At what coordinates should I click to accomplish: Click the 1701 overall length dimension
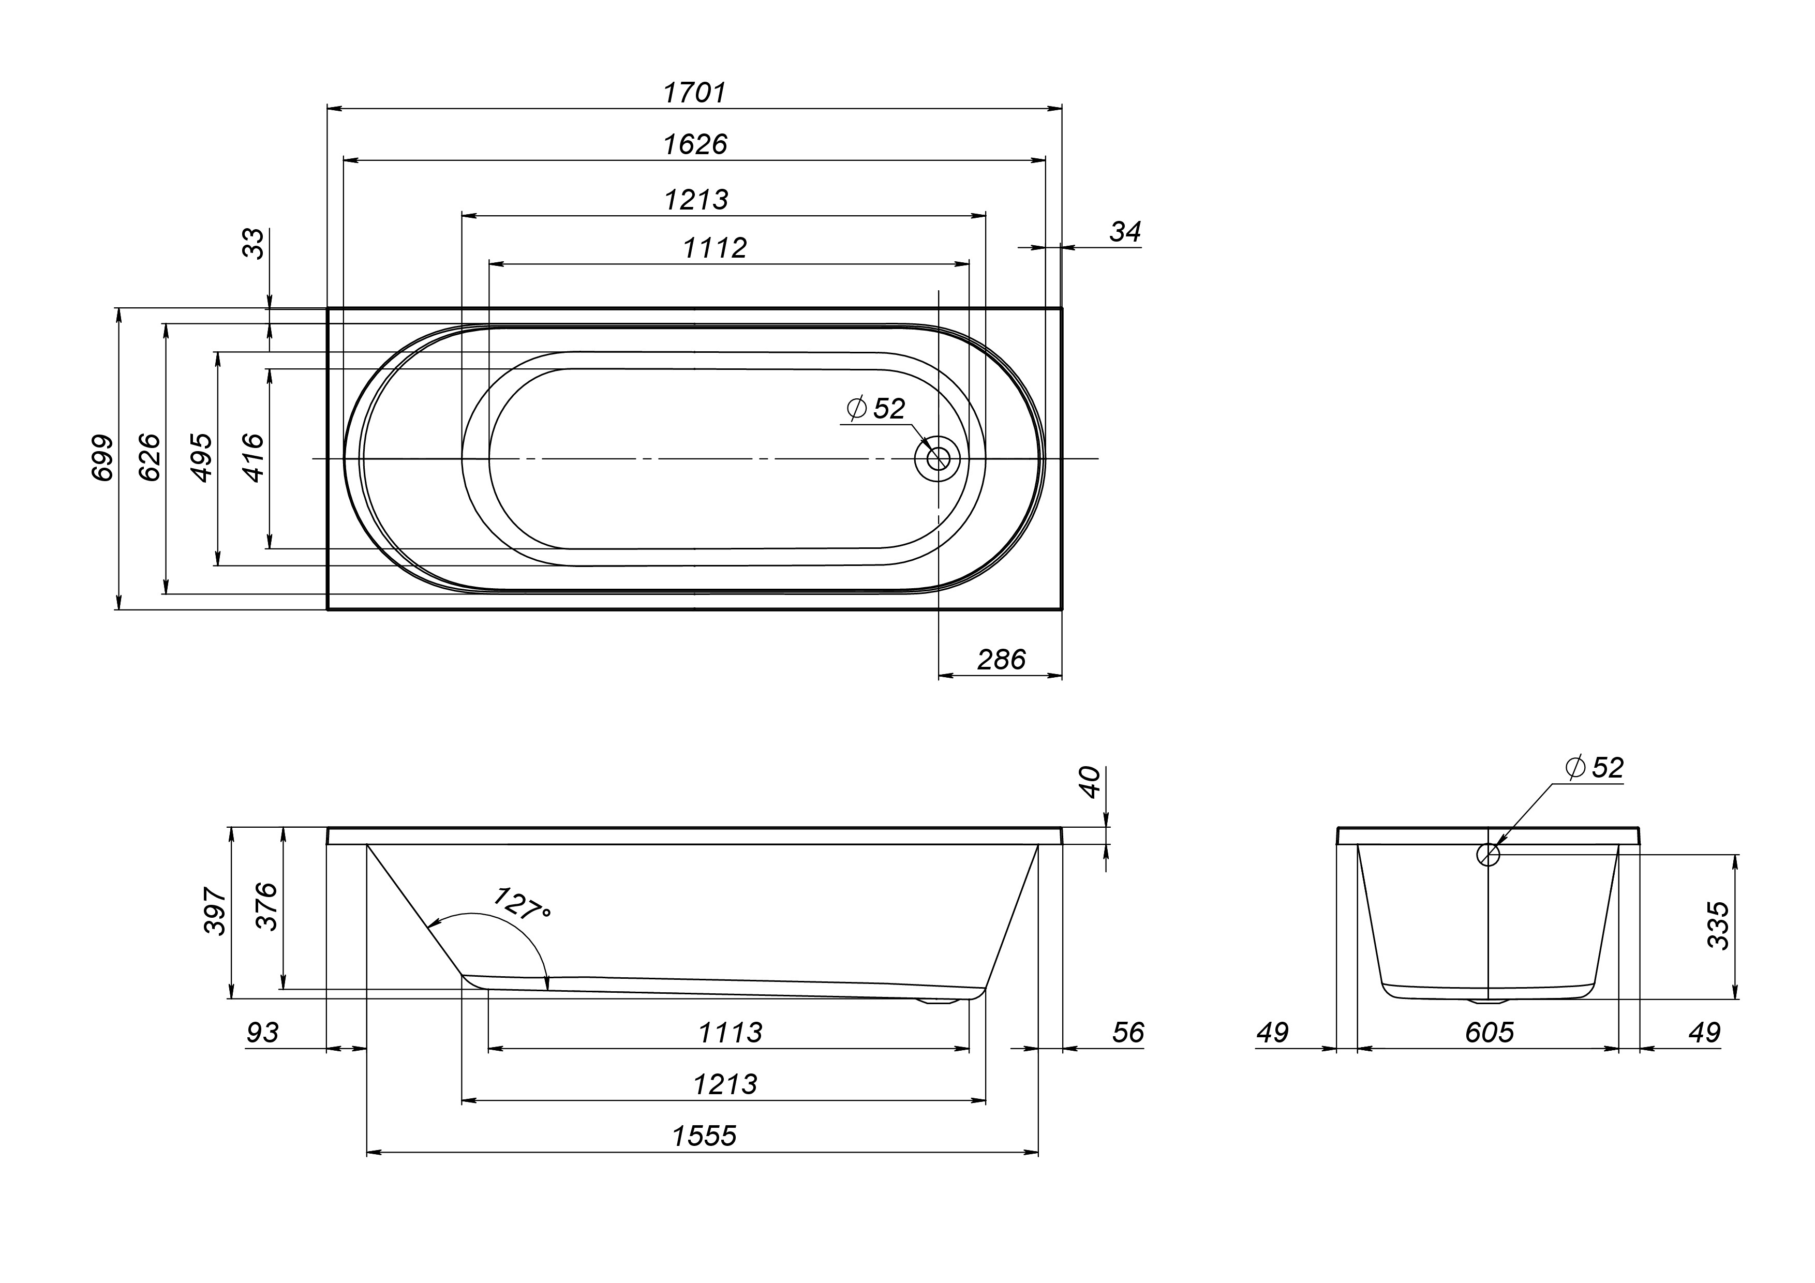pyautogui.click(x=694, y=93)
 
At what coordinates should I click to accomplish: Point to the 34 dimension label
pyautogui.click(x=1125, y=232)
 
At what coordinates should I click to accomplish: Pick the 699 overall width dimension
pyautogui.click(x=103, y=458)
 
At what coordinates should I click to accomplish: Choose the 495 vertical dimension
pyautogui.click(x=202, y=458)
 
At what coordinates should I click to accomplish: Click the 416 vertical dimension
pyautogui.click(x=253, y=458)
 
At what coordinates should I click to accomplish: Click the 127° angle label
pyautogui.click(x=521, y=904)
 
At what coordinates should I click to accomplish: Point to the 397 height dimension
pyautogui.click(x=215, y=911)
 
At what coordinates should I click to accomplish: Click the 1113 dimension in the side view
pyautogui.click(x=731, y=1033)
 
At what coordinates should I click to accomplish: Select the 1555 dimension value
pyautogui.click(x=704, y=1136)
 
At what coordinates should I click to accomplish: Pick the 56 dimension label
pyautogui.click(x=1128, y=1033)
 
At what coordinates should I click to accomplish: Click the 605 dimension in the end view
pyautogui.click(x=1490, y=1033)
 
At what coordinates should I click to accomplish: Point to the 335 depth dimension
pyautogui.click(x=1719, y=926)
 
